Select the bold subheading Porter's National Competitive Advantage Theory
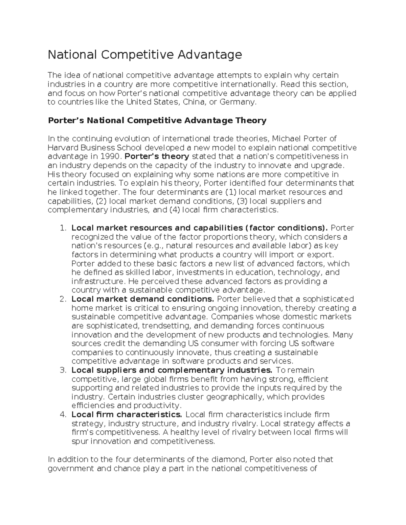pos(157,120)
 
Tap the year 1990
pos(110,157)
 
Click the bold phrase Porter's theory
pos(157,157)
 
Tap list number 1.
pos(63,228)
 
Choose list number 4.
pos(63,414)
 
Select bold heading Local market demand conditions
pos(142,299)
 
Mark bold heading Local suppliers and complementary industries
pos(172,370)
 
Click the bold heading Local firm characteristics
pos(127,414)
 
